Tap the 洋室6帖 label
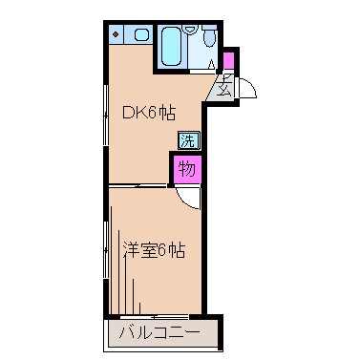pos(153,251)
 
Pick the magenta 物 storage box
pos(186,169)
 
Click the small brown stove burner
pos(116,35)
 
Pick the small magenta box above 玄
pos(228,62)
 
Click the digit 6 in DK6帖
pos(153,111)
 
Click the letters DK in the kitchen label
pos(133,111)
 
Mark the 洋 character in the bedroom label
pos(130,251)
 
